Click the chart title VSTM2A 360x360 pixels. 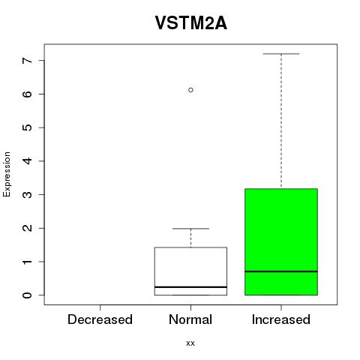[191, 22]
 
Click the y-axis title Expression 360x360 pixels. [7, 174]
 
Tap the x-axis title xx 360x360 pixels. [190, 343]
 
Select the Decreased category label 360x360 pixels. [100, 319]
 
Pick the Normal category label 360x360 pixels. [190, 319]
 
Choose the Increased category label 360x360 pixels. [281, 319]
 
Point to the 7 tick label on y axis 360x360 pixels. [27, 61]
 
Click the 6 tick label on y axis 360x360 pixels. [27, 94]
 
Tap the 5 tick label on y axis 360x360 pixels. [27, 127]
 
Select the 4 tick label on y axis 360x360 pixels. [27, 161]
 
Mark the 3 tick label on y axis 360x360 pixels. [27, 194]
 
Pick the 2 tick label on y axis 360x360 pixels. [27, 228]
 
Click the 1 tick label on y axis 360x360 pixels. [27, 262]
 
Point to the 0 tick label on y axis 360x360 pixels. [27, 295]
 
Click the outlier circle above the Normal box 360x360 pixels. [190, 90]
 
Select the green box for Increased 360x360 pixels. [281, 241]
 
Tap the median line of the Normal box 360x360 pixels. [190, 287]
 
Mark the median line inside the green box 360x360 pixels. [281, 271]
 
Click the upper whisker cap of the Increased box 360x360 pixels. [281, 54]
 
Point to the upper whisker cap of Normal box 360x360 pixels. [190, 229]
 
